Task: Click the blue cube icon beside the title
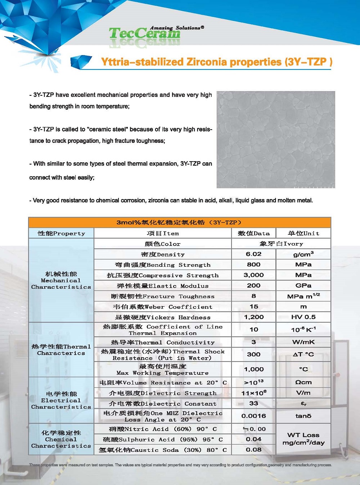tap(81, 62)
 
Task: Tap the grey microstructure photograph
tap(276, 139)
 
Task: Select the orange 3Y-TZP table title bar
tap(179, 222)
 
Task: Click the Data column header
tap(253, 233)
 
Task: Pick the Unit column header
tap(303, 233)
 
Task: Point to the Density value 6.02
tap(253, 254)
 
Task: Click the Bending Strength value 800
tap(253, 265)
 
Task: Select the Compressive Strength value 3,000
tap(253, 275)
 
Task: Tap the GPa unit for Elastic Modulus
tap(303, 286)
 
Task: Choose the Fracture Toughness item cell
tap(163, 296)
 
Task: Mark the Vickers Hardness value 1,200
tap(253, 317)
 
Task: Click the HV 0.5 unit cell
tap(303, 317)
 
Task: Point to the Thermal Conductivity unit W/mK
tap(303, 342)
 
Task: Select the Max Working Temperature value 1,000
tap(253, 369)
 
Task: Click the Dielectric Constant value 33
tap(253, 404)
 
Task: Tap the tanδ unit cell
tap(303, 416)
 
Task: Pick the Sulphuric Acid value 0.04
tap(253, 439)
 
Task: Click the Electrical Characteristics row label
tap(61, 400)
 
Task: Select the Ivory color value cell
tap(281, 244)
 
